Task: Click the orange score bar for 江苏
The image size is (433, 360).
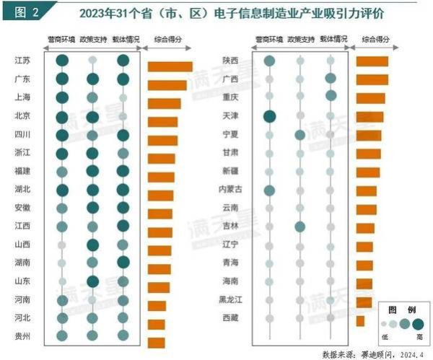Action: pyautogui.click(x=170, y=67)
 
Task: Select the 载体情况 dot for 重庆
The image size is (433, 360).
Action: pyautogui.click(x=331, y=96)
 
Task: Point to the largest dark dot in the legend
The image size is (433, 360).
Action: pyautogui.click(x=417, y=324)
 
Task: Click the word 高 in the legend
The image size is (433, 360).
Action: pyautogui.click(x=418, y=337)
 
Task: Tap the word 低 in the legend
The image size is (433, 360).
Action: pyautogui.click(x=383, y=337)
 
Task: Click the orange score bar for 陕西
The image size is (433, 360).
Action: pyautogui.click(x=372, y=62)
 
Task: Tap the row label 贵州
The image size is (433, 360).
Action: pyautogui.click(x=22, y=335)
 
